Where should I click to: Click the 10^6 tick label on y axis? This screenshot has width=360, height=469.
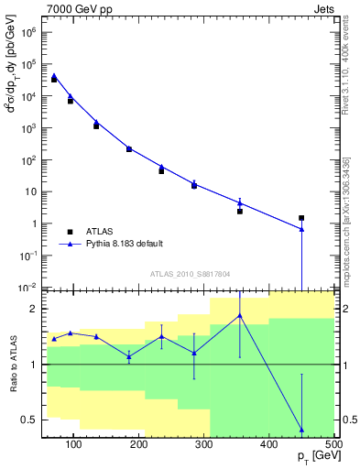click(x=26, y=32)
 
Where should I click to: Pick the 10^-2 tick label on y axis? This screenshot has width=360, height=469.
click(x=26, y=288)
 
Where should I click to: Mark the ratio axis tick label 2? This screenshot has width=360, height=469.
click(x=33, y=309)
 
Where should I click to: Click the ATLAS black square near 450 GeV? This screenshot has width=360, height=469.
click(x=301, y=218)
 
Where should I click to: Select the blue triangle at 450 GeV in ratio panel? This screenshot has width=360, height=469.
click(x=301, y=430)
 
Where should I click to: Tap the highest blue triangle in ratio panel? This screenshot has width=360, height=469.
click(x=240, y=316)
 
